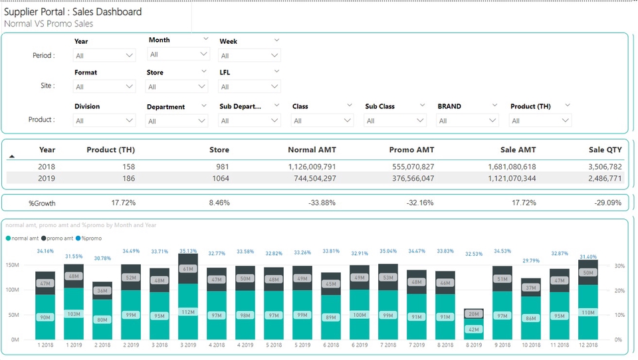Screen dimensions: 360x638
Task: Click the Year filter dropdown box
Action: point(104,56)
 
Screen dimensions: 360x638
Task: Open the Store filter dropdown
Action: point(177,86)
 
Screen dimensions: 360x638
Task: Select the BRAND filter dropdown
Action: point(467,120)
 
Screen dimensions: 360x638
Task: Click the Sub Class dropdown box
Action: point(395,120)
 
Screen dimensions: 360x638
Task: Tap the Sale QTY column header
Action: point(605,150)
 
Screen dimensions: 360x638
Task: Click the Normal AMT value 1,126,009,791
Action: point(312,167)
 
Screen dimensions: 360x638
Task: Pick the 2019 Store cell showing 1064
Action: point(219,178)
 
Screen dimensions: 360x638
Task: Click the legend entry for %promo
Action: point(90,238)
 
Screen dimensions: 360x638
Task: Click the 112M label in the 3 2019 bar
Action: point(189,312)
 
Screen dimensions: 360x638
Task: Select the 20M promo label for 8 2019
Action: point(473,314)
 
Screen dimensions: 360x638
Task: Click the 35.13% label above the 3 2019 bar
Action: point(189,251)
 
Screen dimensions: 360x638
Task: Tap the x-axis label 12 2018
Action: point(587,345)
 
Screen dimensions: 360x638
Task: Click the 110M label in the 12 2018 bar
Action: point(587,312)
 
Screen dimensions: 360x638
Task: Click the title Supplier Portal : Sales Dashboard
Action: point(73,12)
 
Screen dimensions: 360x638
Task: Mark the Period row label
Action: point(44,56)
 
